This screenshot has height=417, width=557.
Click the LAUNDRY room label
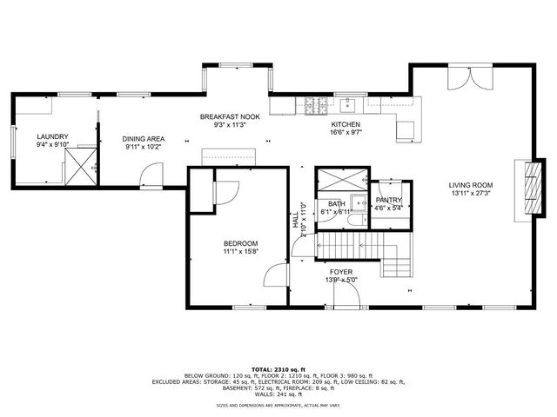click(52, 136)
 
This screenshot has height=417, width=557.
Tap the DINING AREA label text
click(144, 138)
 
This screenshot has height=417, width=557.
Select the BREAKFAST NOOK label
click(230, 116)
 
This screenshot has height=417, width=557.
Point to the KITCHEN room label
click(346, 124)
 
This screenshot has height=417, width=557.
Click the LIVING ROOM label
click(471, 185)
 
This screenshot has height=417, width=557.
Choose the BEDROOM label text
click(240, 243)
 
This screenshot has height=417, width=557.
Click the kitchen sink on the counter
click(349, 105)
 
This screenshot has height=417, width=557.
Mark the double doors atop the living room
click(462, 79)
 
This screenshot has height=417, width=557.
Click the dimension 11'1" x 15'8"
click(240, 252)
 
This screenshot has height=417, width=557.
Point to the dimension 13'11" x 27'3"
click(471, 194)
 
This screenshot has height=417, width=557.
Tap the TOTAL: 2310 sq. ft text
click(278, 369)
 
